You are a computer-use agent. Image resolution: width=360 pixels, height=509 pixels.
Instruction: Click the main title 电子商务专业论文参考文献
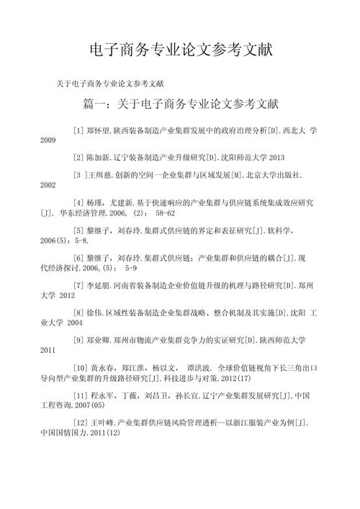coord(180,50)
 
